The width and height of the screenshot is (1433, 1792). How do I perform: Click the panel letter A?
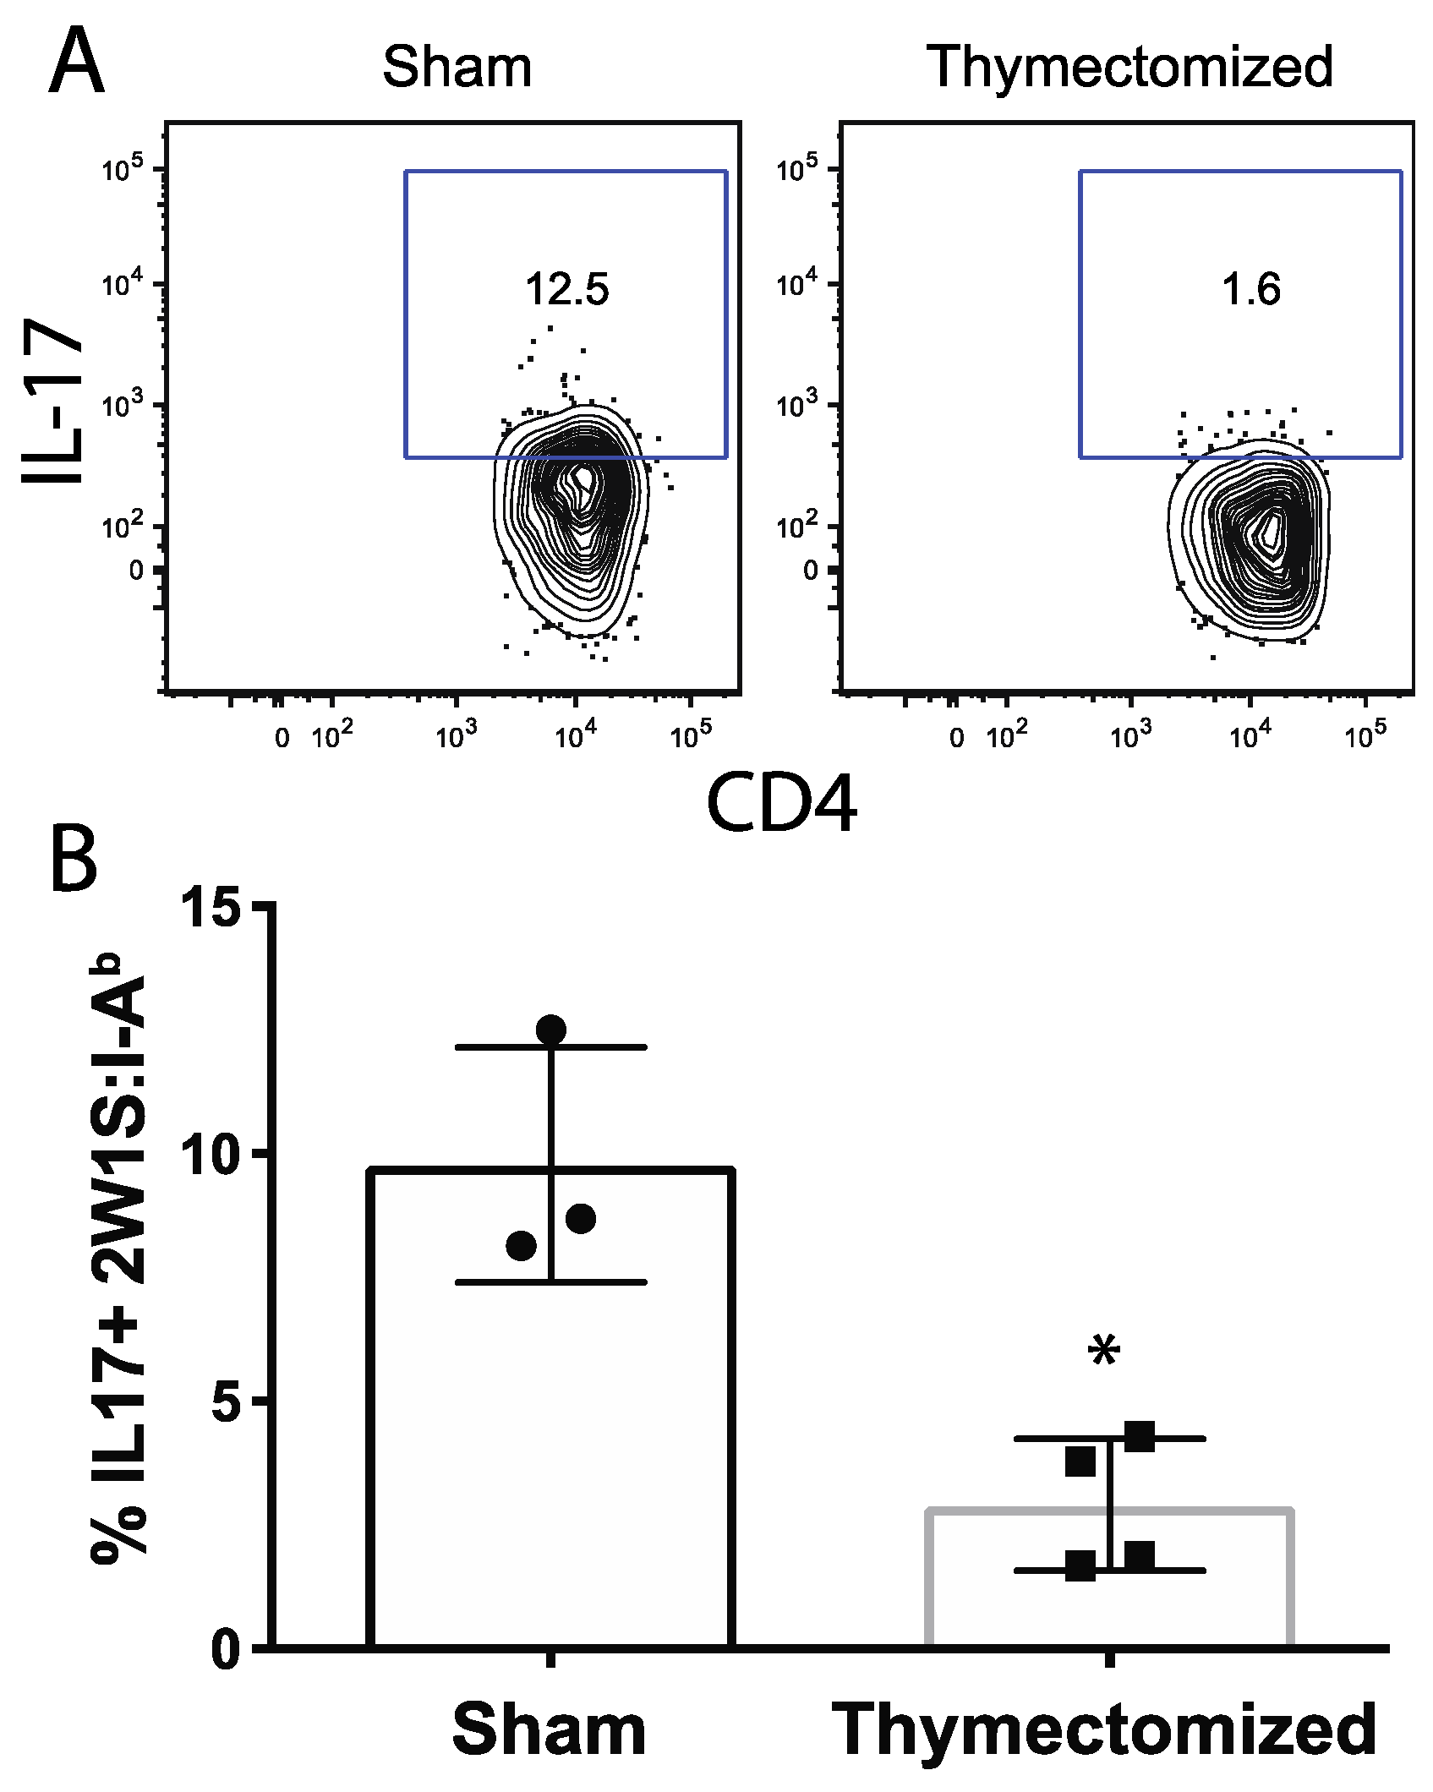76,64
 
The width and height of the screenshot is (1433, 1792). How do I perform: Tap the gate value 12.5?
566,290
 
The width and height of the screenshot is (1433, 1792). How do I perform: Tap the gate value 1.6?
1251,290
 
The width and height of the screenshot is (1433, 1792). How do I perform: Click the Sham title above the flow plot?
457,67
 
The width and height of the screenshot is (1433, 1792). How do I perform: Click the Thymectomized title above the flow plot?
1129,67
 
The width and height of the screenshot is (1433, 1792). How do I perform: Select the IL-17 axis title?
52,405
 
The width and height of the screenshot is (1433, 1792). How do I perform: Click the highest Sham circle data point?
551,1030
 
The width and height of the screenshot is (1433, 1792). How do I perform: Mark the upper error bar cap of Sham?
551,1047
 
